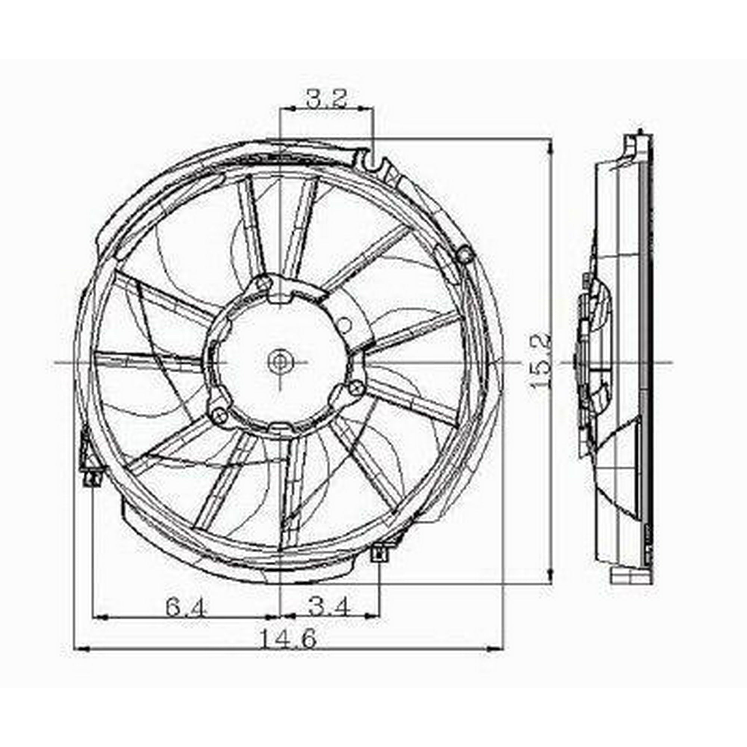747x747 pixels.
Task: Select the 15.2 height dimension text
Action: click(x=540, y=362)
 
